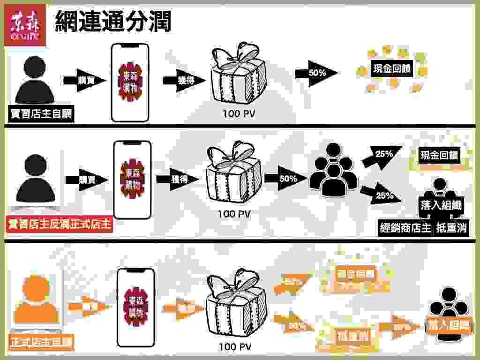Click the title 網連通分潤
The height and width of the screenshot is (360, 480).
pos(112,21)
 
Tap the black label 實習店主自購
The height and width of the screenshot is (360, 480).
pos(42,113)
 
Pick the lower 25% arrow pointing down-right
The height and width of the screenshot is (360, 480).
pos(382,195)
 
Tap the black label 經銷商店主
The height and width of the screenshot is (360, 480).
pos(405,229)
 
